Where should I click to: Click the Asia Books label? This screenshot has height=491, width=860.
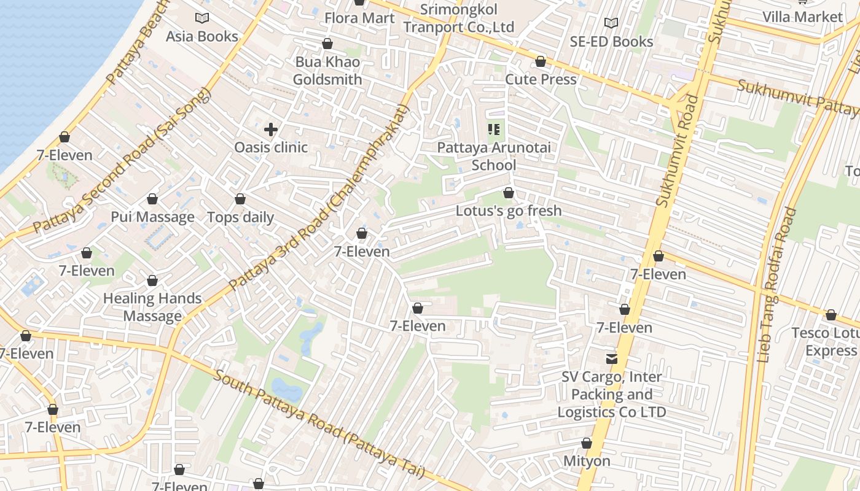click(202, 37)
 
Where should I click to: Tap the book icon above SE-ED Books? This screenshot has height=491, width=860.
click(611, 23)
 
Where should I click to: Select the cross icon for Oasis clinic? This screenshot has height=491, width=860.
click(271, 130)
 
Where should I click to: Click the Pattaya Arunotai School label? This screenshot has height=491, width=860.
click(494, 157)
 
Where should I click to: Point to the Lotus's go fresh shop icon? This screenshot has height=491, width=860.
click(509, 193)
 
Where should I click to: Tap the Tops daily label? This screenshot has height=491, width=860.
click(240, 217)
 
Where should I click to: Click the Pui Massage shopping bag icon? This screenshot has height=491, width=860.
click(152, 199)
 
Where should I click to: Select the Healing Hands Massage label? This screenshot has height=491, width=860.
click(152, 307)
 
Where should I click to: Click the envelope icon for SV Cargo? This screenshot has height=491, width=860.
click(612, 359)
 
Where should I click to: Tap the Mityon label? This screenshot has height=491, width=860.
click(587, 461)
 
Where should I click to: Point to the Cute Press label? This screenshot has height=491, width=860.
click(541, 80)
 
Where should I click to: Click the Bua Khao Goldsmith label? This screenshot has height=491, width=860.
click(327, 71)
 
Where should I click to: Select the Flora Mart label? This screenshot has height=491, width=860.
click(359, 18)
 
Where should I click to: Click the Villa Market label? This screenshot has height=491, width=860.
click(802, 17)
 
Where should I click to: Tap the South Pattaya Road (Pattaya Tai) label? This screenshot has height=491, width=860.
click(319, 424)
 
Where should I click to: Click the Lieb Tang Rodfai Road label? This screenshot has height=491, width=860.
click(777, 285)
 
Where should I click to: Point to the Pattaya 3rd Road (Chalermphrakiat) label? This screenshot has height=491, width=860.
click(319, 197)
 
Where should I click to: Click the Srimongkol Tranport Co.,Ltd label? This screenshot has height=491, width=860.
click(458, 18)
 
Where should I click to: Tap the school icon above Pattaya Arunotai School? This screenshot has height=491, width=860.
click(494, 130)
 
